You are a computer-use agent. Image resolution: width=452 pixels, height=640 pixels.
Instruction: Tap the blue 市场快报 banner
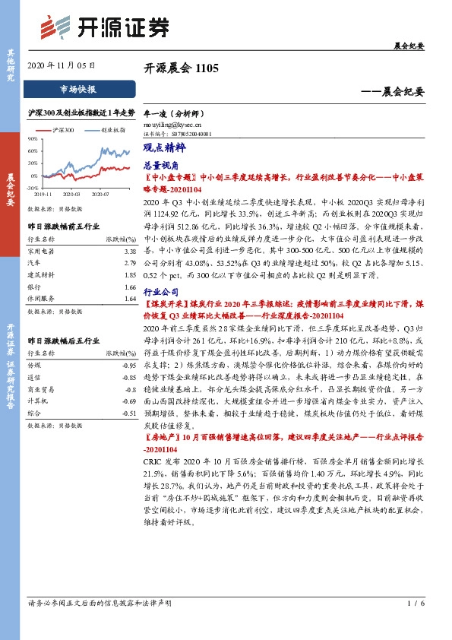click(77, 89)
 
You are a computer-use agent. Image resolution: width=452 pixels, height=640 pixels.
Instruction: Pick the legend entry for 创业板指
click(111, 131)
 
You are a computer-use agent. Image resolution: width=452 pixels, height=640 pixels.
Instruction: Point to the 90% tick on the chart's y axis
click(33, 139)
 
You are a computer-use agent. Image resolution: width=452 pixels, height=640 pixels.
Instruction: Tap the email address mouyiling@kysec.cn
click(172, 124)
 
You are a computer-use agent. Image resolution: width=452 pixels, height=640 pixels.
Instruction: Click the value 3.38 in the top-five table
click(129, 250)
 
